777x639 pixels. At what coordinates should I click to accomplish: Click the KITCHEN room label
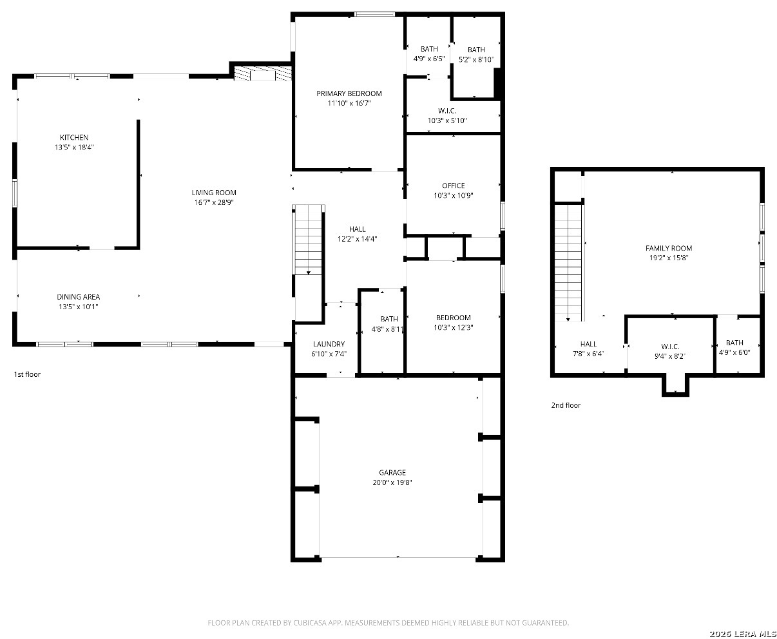(x=74, y=137)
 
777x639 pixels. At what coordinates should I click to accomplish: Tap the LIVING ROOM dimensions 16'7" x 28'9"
(x=214, y=202)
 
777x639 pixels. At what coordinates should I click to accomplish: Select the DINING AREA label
(x=78, y=297)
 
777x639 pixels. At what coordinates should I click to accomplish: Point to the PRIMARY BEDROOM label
(x=349, y=93)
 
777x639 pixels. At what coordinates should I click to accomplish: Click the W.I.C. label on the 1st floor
(x=447, y=111)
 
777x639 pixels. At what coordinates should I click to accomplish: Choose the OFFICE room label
(x=453, y=186)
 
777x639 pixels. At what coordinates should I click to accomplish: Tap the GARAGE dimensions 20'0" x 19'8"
(x=392, y=482)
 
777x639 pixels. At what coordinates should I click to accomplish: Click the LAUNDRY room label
(x=329, y=344)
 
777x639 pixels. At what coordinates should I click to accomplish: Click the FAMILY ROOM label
(x=669, y=248)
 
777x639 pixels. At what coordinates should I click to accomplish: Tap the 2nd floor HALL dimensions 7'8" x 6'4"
(x=588, y=354)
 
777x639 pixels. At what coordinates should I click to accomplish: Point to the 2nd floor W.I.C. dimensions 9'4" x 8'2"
(x=670, y=356)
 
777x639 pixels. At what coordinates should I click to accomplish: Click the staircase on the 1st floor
(x=309, y=240)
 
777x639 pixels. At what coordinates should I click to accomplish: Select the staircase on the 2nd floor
(x=568, y=263)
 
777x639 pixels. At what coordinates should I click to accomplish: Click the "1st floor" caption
(x=27, y=374)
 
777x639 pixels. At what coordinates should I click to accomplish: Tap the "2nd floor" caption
(x=566, y=405)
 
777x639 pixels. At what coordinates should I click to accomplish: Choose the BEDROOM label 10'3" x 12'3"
(x=453, y=318)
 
